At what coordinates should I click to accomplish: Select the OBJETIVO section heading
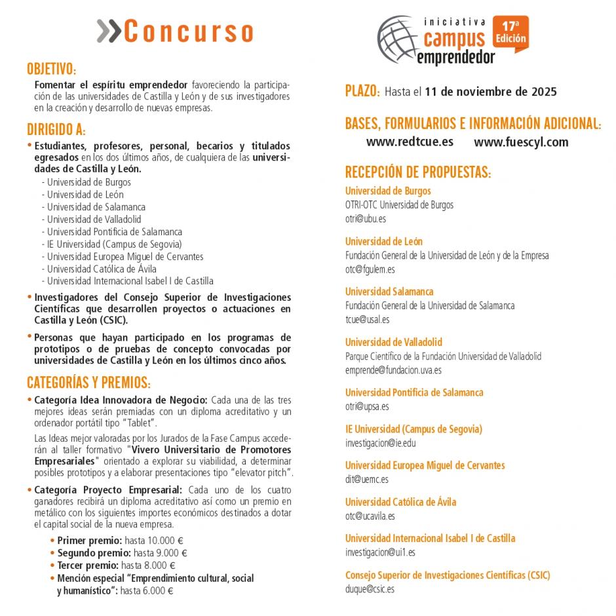[51, 69]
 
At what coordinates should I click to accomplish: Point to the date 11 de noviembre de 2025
[491, 92]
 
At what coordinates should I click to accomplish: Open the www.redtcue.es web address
[410, 142]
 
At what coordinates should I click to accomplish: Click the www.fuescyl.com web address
[521, 142]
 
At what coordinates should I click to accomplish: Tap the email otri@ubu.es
[366, 219]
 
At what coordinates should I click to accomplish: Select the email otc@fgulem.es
[370, 269]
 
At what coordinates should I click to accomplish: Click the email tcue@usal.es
[367, 320]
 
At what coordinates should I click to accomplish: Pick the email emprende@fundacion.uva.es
[393, 370]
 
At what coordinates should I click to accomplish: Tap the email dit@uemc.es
[367, 479]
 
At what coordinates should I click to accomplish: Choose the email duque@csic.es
[370, 589]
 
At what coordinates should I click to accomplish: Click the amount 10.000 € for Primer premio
[164, 541]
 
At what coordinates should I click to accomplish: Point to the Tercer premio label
[88, 566]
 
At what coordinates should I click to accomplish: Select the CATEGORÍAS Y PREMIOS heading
[88, 382]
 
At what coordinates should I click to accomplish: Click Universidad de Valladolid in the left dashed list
[94, 220]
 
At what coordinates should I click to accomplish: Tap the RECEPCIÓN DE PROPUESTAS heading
[417, 172]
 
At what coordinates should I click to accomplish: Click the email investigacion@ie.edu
[380, 443]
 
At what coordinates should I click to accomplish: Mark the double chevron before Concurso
[109, 31]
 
